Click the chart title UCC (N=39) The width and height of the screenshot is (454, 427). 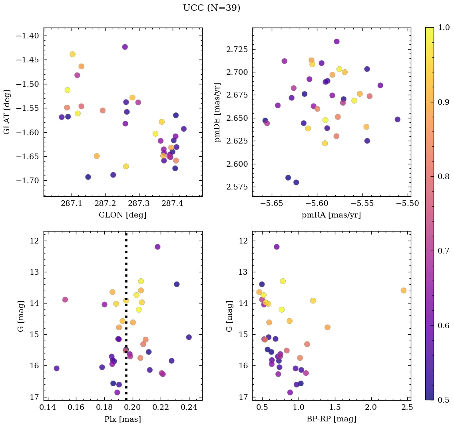[x=211, y=8]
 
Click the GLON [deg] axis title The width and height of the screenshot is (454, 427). [x=122, y=215]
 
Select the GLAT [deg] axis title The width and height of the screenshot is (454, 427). [x=7, y=112]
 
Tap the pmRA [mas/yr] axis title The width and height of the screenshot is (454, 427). [x=331, y=215]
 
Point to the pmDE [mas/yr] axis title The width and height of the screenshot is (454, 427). [x=217, y=112]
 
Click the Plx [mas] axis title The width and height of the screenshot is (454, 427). [x=122, y=419]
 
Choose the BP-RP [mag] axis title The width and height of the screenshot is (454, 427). [x=331, y=419]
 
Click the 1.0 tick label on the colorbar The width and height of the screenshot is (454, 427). [x=443, y=28]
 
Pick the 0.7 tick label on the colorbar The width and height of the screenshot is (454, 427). [x=443, y=251]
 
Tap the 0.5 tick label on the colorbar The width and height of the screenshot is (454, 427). [x=443, y=400]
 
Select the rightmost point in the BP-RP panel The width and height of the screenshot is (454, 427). [x=403, y=290]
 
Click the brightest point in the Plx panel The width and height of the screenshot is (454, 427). [x=157, y=247]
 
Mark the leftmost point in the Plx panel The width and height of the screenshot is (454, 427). [x=56, y=368]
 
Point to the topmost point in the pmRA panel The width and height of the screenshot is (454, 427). [x=337, y=42]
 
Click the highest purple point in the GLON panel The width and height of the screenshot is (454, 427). [x=125, y=47]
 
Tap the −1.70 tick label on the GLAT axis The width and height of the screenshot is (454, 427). [x=27, y=181]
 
